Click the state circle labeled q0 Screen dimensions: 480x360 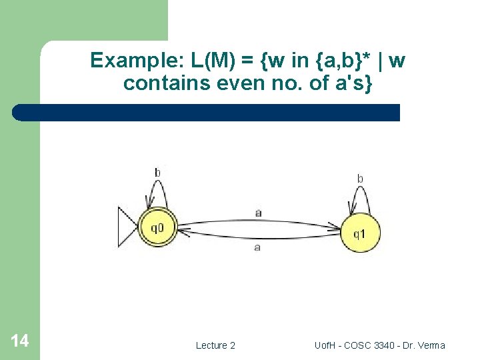(x=158, y=228)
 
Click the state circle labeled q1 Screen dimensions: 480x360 (x=359, y=233)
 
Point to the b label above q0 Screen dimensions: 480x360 (x=157, y=173)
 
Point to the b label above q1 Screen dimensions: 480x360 (x=360, y=178)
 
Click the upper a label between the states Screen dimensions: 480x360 (x=258, y=213)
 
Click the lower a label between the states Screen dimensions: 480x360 (x=257, y=247)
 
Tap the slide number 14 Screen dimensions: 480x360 (x=20, y=341)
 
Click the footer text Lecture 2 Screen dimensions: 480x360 (x=215, y=345)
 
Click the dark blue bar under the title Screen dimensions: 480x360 (x=207, y=113)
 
